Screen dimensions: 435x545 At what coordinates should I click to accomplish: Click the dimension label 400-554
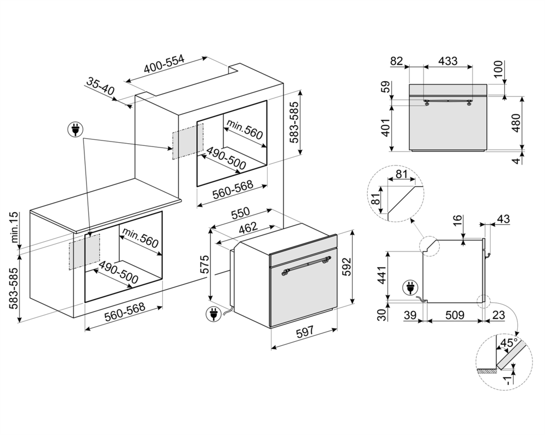(163, 65)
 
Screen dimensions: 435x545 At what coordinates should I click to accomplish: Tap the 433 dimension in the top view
(448, 61)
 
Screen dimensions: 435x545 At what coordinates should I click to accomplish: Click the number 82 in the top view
(397, 61)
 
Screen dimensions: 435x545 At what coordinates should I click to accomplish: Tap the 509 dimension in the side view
(455, 315)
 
